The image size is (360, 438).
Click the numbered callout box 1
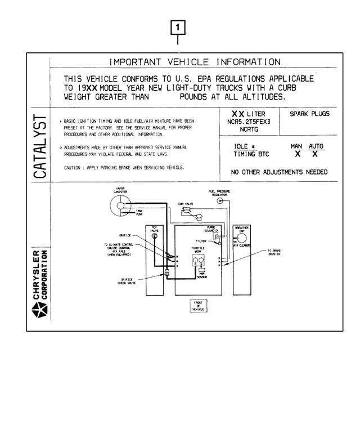[178, 26]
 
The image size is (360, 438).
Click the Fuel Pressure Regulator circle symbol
[220, 201]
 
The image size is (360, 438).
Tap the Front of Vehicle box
[199, 305]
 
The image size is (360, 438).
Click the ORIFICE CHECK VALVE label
[126, 281]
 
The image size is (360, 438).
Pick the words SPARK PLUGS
[309, 114]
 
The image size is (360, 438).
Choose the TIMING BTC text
[252, 154]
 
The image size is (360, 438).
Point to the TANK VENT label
[139, 212]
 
